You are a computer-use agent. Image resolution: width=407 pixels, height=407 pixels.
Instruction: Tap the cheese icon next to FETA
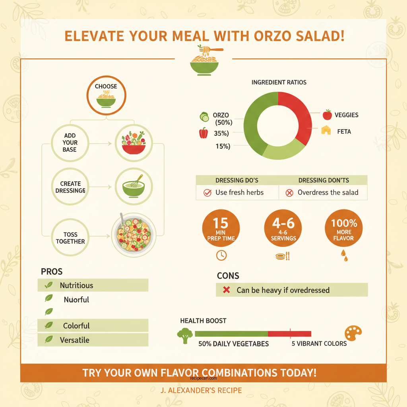pos(326,130)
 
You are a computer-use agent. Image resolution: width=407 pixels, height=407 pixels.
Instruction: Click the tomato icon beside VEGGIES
pos(327,115)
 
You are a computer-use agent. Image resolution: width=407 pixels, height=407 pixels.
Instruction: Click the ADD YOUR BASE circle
pos(70,143)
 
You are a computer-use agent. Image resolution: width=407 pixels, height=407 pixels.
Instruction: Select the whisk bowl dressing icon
pos(133,186)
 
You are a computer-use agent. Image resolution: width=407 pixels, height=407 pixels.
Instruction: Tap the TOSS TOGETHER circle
pos(70,238)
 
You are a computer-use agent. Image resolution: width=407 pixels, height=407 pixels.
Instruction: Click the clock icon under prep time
pos(221,255)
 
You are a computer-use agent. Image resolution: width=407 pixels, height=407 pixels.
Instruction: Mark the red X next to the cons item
pos(227,290)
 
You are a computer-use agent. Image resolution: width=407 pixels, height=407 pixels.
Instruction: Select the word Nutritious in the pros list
pos(76,285)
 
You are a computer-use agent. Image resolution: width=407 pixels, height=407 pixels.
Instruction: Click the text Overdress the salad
pos(328,193)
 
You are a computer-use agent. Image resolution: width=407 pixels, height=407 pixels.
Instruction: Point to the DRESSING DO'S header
pos(237,180)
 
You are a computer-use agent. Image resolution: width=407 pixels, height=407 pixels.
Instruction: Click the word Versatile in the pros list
pos(75,340)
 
